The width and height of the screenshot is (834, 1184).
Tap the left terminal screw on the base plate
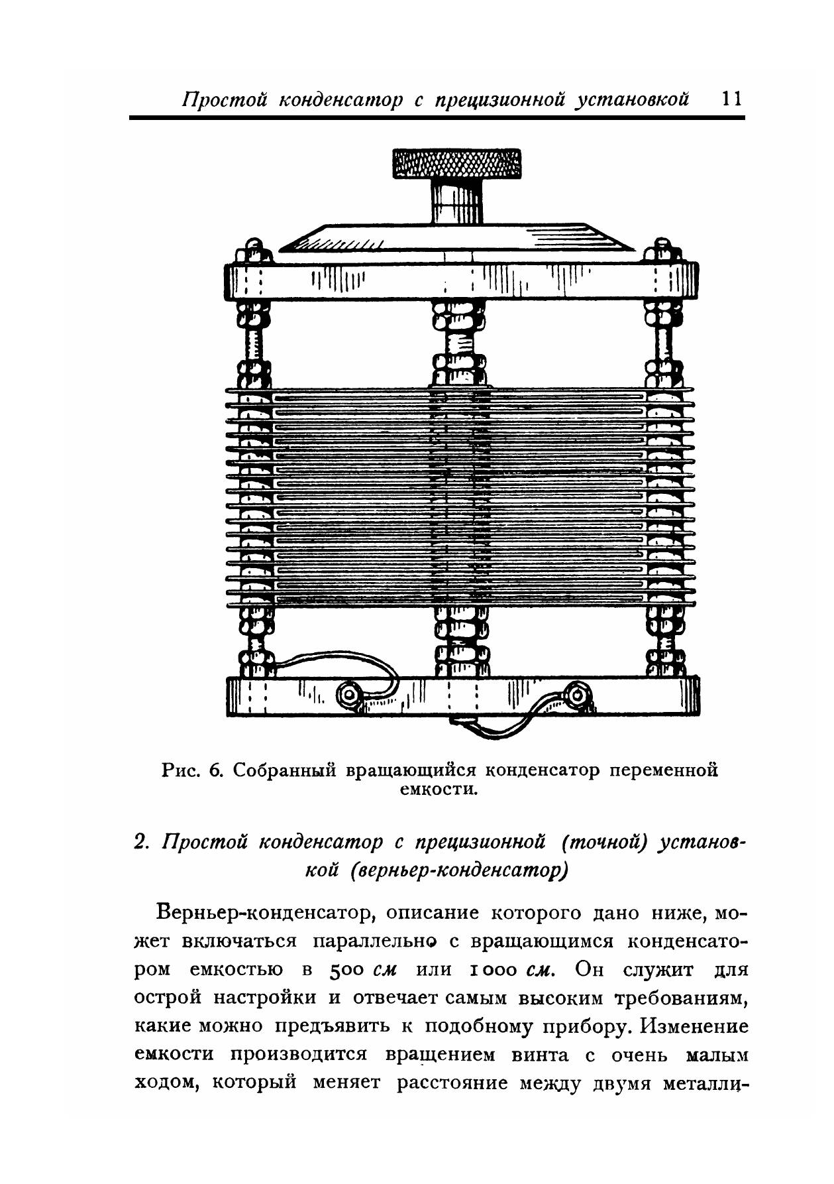pos(348,695)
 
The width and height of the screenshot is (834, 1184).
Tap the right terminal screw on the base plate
pos(578,695)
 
